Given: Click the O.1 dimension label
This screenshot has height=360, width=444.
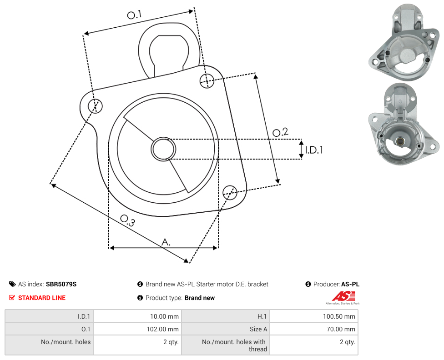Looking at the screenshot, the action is [x=134, y=15].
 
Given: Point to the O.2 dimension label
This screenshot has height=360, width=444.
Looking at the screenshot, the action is [x=280, y=132].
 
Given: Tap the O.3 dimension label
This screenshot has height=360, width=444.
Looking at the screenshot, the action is [x=127, y=220].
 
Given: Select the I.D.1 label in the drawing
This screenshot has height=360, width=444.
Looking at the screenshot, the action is [x=314, y=150].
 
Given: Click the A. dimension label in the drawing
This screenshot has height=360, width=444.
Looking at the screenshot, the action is [x=166, y=242].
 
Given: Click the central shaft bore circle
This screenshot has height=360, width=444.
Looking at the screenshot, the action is [x=163, y=149].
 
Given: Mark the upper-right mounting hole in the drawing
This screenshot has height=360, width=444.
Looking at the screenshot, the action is [x=207, y=80].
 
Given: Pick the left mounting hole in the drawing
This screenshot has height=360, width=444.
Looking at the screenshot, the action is [x=95, y=106].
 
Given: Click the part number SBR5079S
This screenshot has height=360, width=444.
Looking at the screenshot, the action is [x=61, y=284].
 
